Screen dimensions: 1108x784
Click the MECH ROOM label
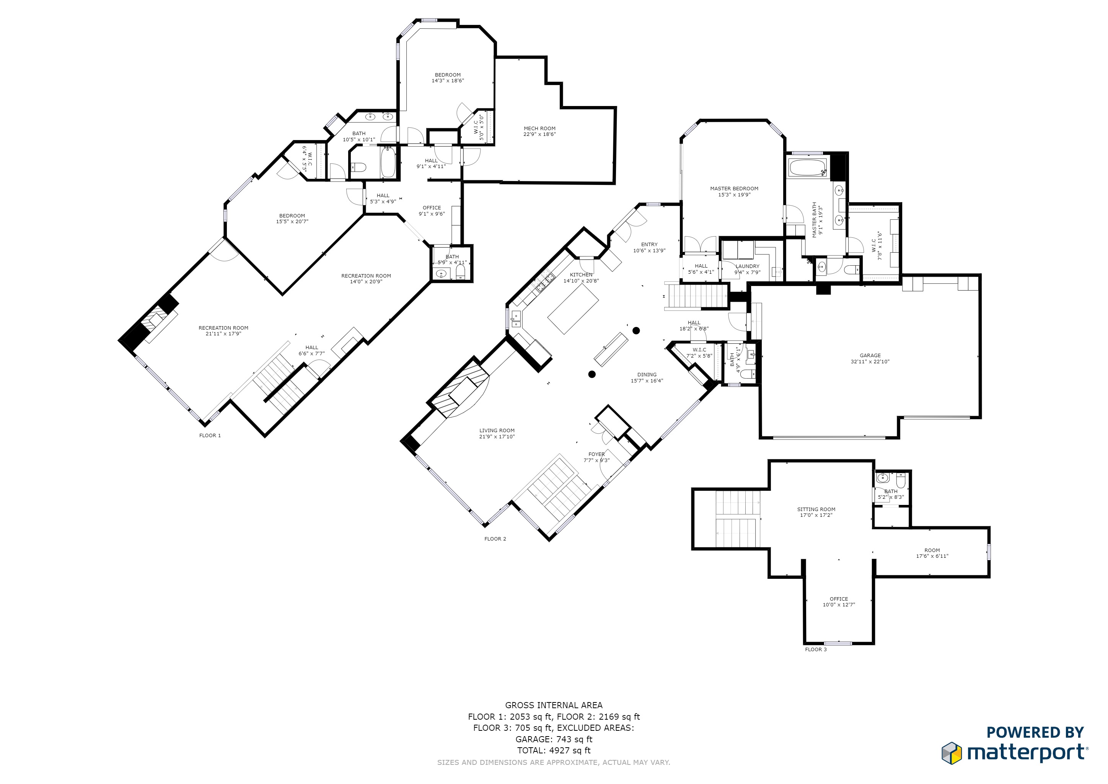539,128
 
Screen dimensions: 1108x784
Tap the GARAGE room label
870,355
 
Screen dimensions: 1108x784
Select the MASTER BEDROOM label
734,189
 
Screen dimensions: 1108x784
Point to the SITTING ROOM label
816,509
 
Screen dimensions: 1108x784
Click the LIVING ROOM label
497,431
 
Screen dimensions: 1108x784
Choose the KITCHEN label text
581,275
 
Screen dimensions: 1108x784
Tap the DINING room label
647,375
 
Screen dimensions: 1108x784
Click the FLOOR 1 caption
210,435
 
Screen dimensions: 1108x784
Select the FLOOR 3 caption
816,649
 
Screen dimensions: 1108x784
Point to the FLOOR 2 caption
495,539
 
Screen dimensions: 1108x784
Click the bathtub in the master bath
808,168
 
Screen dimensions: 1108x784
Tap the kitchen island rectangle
573,309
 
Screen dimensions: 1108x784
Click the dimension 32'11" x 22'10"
870,362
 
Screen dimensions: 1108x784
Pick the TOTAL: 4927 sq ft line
554,750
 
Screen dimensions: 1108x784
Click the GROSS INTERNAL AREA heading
554,705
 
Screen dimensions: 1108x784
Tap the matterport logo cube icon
952,753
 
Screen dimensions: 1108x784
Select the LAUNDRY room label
748,266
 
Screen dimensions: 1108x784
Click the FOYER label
596,454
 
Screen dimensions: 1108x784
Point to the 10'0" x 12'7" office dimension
839,604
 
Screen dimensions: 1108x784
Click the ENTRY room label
649,245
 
